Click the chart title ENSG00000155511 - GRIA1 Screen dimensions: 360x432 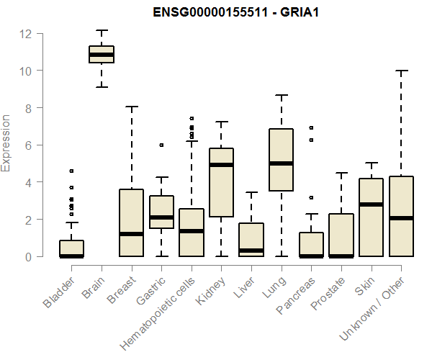[x=233, y=12]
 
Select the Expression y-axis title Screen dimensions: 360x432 [x=7, y=143]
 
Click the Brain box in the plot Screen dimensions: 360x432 [x=102, y=55]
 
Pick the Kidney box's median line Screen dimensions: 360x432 [x=221, y=165]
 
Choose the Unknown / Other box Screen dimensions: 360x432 [x=401, y=216]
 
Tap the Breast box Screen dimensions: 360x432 [x=131, y=222]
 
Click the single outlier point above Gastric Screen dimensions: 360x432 [x=161, y=145]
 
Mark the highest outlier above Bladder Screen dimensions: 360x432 [x=71, y=171]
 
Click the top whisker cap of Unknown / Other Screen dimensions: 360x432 [x=401, y=71]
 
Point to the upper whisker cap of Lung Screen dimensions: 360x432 [x=281, y=95]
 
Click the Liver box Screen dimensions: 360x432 [x=251, y=240]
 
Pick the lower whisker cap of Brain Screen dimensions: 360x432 [x=102, y=87]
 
